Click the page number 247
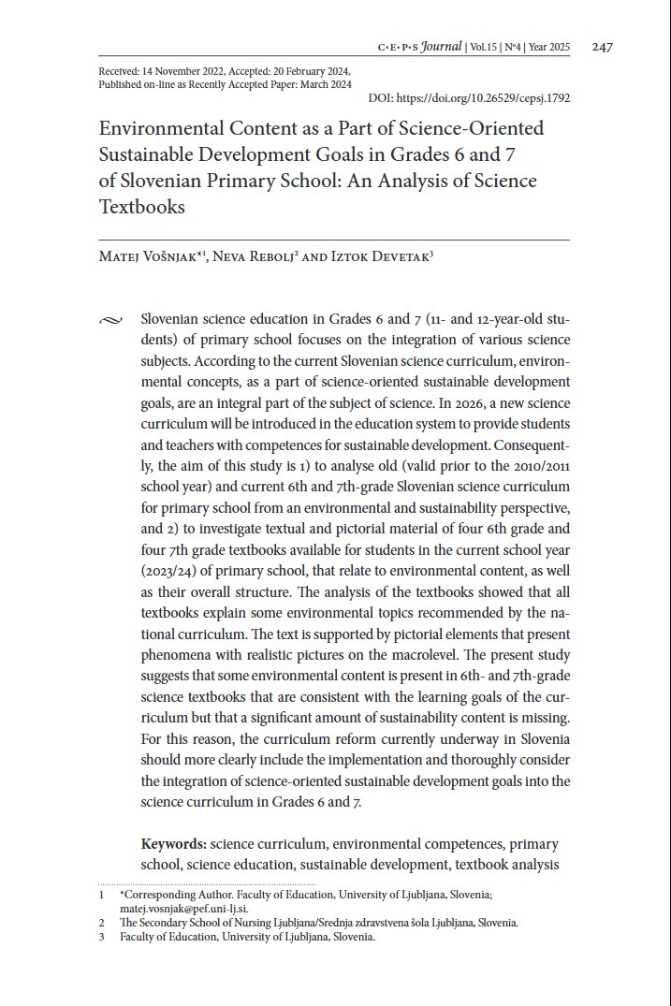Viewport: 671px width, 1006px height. coord(603,48)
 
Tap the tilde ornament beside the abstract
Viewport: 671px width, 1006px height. coord(109,322)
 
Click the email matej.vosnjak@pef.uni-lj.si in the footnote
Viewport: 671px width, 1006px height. coord(183,908)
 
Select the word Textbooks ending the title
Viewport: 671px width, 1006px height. coord(142,206)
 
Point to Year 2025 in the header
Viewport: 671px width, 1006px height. coord(555,48)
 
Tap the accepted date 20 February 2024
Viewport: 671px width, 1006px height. coord(311,71)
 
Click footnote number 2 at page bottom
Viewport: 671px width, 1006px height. coord(101,923)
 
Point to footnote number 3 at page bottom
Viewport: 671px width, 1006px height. coord(101,937)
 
